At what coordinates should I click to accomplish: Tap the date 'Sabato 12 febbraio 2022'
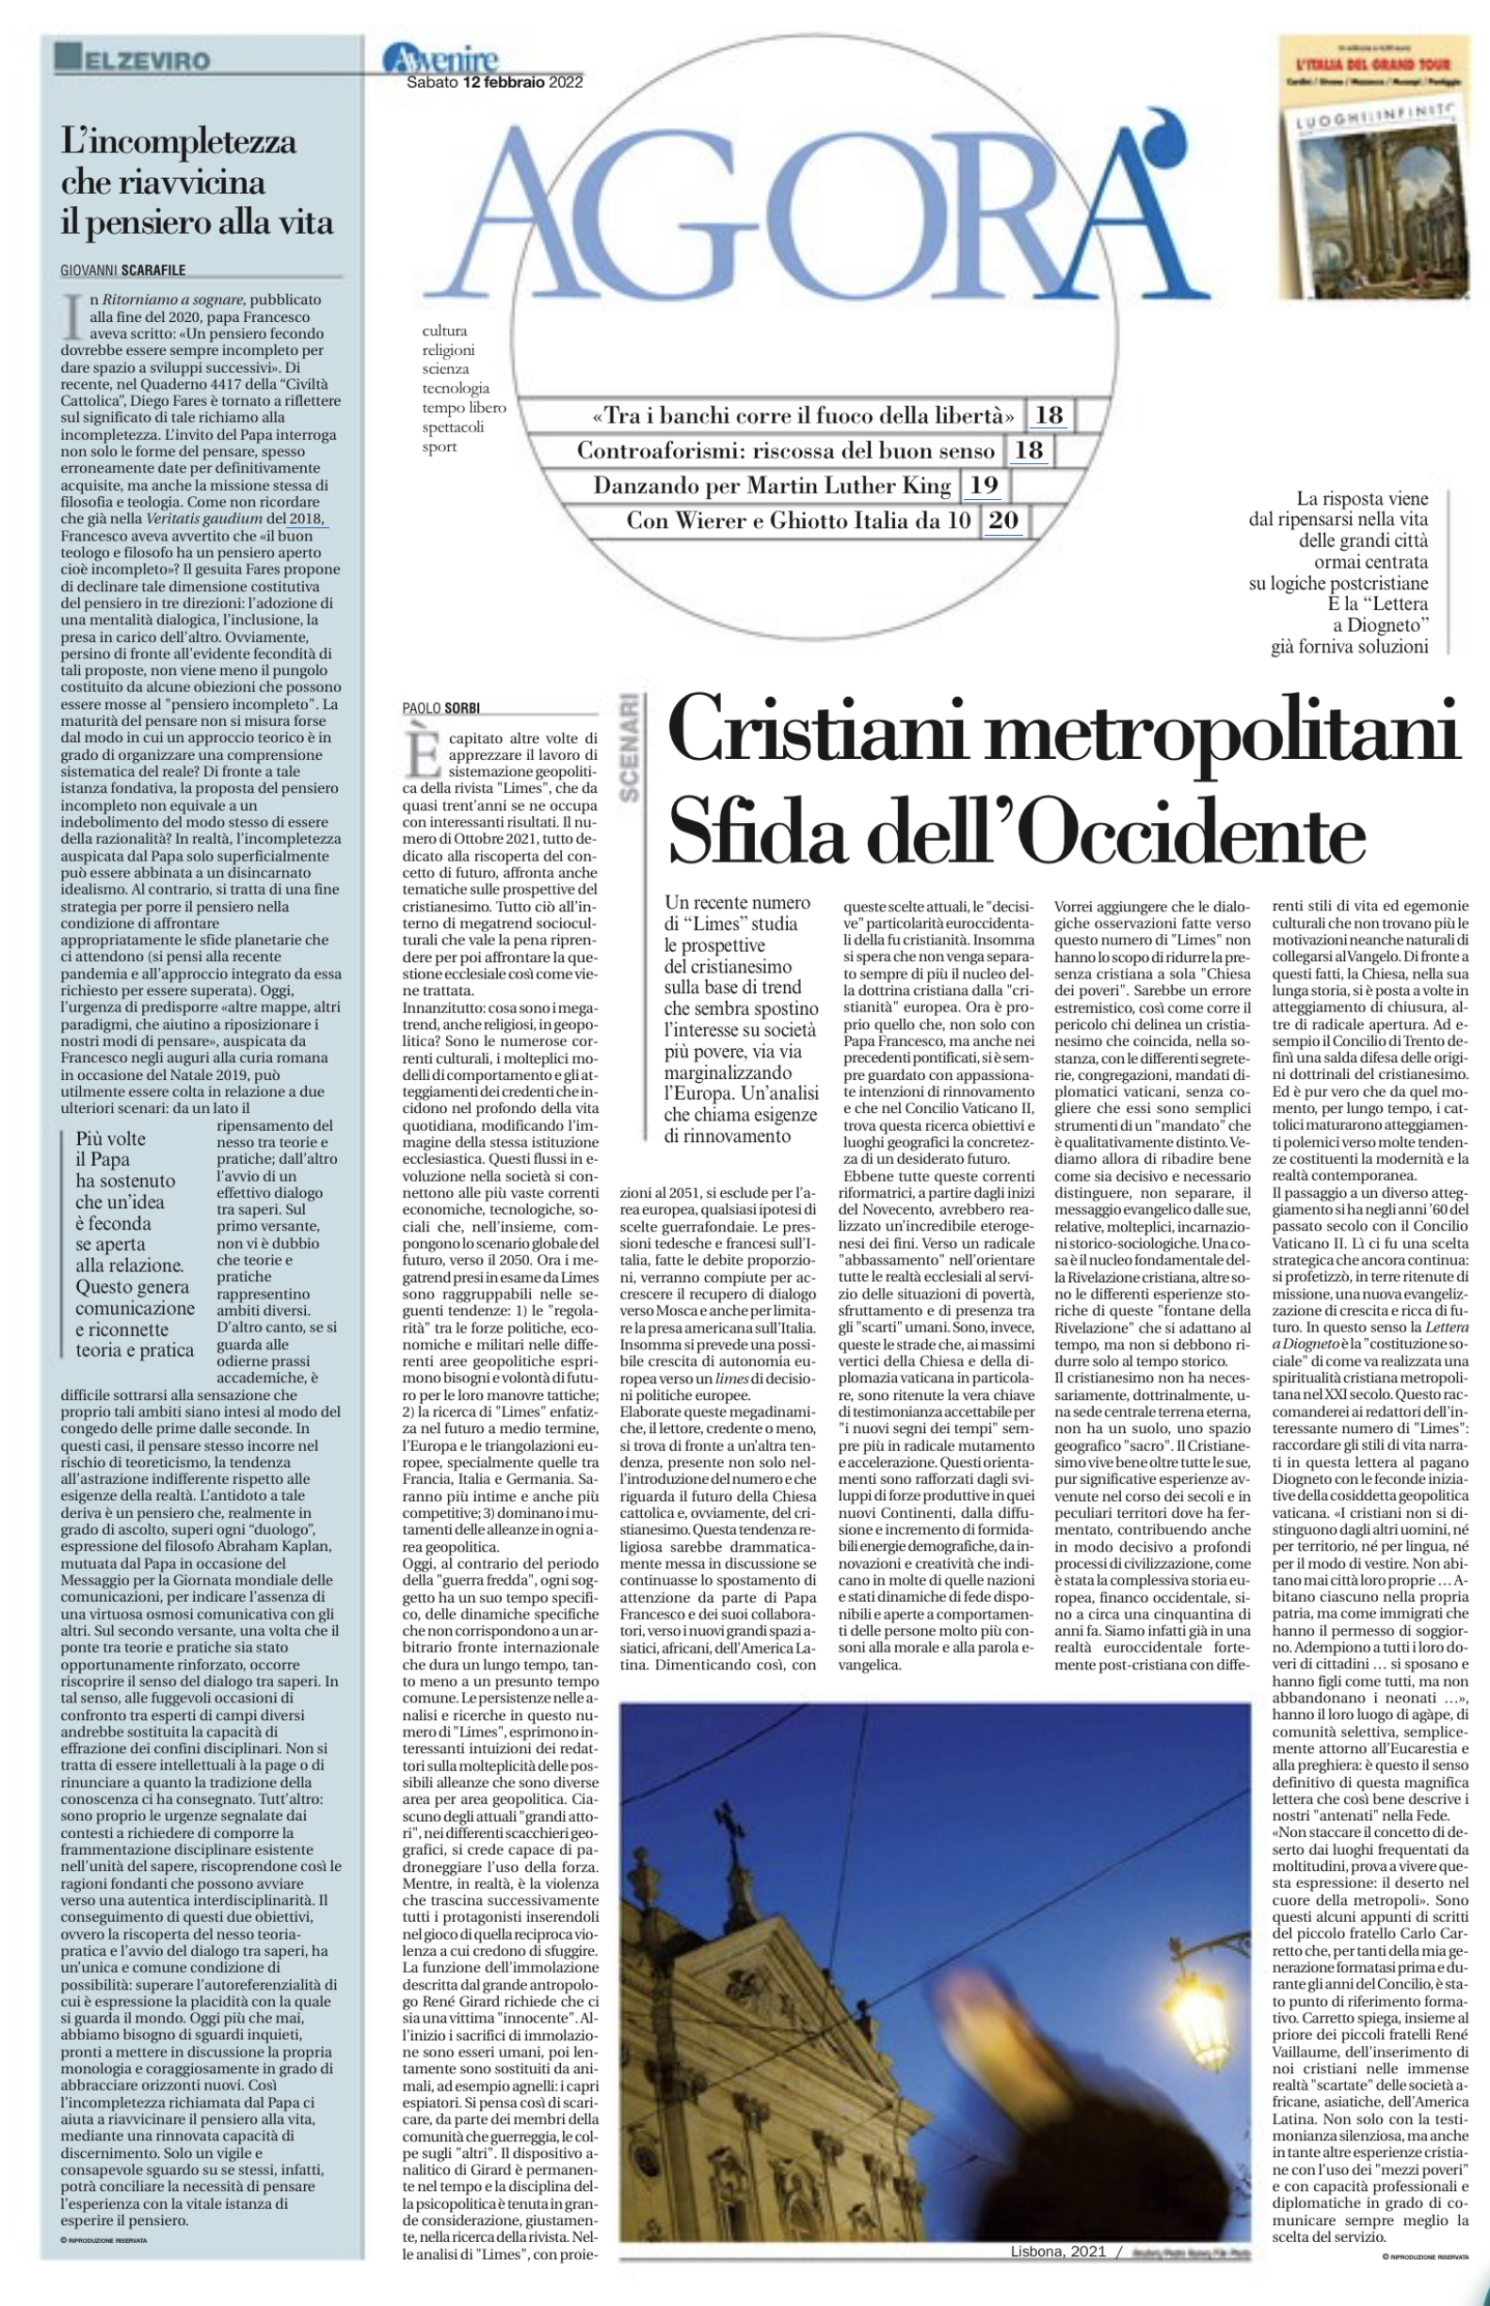point(494,83)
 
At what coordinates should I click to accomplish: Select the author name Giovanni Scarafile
point(123,270)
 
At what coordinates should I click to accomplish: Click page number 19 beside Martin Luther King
point(983,485)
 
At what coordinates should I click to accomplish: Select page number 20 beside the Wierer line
point(1002,521)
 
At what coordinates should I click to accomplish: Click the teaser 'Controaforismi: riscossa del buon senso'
point(786,451)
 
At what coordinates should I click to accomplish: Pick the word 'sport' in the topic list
point(440,447)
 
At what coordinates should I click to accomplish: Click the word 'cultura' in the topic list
point(444,331)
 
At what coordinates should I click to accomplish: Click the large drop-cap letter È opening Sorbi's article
point(422,753)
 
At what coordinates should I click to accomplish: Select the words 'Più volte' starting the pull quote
point(111,1139)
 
